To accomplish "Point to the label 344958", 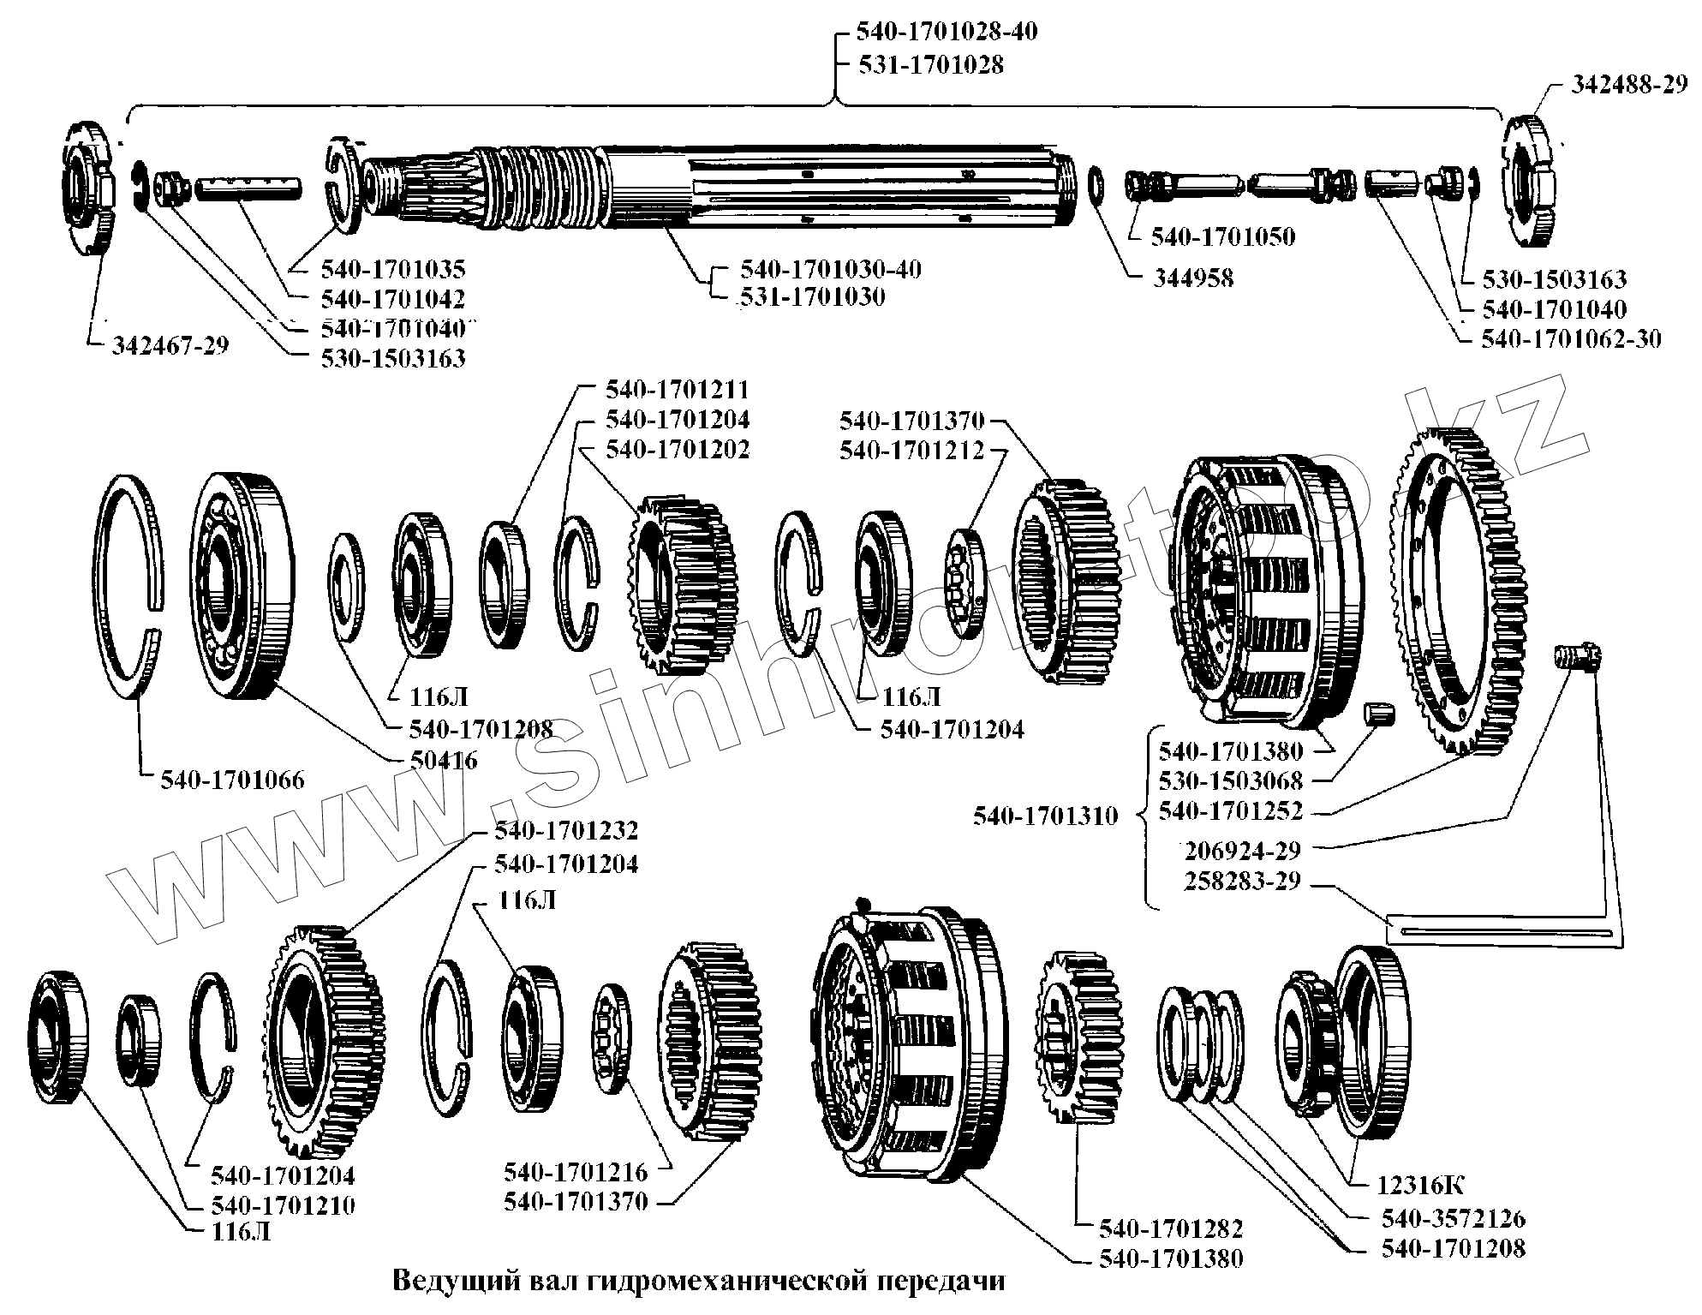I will point(1192,278).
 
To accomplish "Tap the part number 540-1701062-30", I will point(1571,339).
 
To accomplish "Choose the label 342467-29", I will point(170,346).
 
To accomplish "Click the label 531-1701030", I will point(812,297).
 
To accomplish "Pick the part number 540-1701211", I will point(677,390).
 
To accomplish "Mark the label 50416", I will point(444,760).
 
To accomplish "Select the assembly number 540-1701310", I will point(1045,816).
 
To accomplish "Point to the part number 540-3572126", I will point(1453,1218).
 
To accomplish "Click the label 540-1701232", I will point(565,831).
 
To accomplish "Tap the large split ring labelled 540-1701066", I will point(128,591).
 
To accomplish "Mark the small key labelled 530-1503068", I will point(1377,713).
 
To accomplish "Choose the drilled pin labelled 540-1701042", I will point(248,188).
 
